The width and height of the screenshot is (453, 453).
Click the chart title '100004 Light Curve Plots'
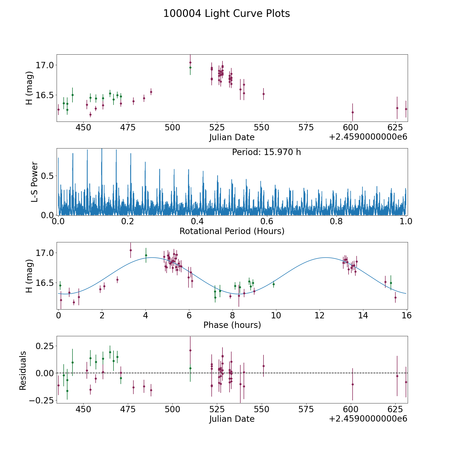click(226, 14)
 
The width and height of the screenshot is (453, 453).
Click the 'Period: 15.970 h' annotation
click(266, 152)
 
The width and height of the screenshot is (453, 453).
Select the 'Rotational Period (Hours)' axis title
click(232, 231)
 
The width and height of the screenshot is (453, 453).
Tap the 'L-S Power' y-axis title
click(34, 182)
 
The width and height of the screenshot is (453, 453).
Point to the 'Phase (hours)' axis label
click(232, 325)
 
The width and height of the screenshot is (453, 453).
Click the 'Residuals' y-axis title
click(23, 371)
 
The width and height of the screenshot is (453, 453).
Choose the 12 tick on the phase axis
click(320, 316)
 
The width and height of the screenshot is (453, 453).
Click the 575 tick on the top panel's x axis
click(306, 128)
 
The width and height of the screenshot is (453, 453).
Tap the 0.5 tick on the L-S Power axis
click(47, 176)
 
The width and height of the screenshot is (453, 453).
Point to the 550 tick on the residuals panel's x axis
click(262, 409)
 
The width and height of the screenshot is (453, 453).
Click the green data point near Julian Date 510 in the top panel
click(190, 67)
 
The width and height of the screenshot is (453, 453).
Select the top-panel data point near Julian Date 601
click(353, 112)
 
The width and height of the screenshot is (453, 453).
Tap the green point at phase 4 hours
click(146, 255)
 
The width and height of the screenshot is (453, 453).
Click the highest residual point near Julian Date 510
click(190, 350)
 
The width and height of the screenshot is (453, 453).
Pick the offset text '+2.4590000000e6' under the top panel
click(368, 137)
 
